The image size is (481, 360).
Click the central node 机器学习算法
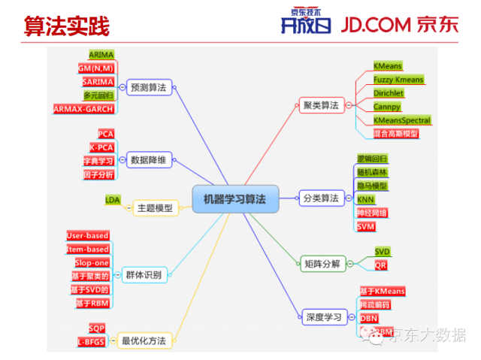(x=235, y=198)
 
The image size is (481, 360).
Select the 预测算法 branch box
(x=148, y=87)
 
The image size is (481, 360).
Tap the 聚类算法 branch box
(x=320, y=105)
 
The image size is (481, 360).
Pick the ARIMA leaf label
(x=101, y=55)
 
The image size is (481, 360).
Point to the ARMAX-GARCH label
(x=83, y=109)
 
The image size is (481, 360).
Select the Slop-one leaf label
(x=92, y=262)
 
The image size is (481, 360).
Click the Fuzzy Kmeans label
(x=398, y=80)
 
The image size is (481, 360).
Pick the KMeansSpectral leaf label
(x=402, y=120)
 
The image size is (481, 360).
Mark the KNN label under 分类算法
(x=365, y=199)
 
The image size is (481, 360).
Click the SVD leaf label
(x=383, y=252)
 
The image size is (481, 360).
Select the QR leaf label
(x=381, y=265)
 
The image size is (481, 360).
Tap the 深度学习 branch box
(x=324, y=316)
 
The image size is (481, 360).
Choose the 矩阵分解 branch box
(x=321, y=263)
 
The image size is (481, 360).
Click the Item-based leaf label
(x=88, y=249)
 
